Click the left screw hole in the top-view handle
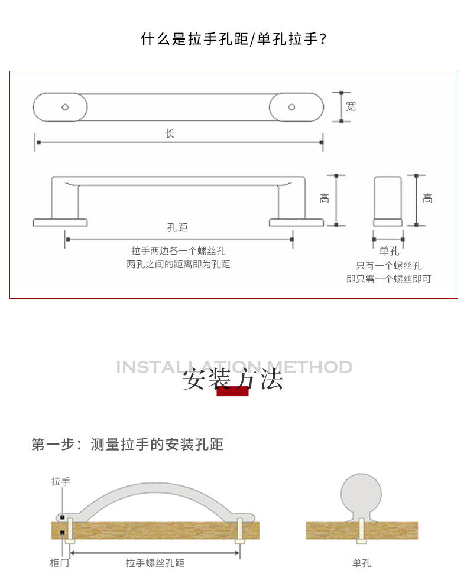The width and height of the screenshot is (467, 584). (x=65, y=107)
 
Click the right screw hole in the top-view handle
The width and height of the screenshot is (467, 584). (x=291, y=107)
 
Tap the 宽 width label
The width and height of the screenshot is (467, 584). (x=351, y=107)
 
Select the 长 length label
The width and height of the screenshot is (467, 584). (x=170, y=134)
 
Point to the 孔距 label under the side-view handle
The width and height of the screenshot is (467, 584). (x=177, y=227)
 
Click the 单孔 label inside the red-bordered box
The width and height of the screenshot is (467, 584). (x=388, y=251)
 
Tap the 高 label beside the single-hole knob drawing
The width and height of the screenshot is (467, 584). (x=427, y=199)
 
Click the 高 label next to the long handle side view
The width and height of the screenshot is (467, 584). (x=324, y=199)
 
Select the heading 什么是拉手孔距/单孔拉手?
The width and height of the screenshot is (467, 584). (x=234, y=40)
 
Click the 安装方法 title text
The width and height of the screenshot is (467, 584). (x=233, y=379)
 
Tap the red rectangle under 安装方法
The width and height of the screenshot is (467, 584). (x=232, y=391)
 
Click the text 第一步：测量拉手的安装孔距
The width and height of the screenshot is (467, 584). (x=128, y=444)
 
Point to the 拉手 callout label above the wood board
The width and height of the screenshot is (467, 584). (x=60, y=482)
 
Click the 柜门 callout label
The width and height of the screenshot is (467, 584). (x=59, y=563)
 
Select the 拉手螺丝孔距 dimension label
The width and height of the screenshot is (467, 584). (x=155, y=563)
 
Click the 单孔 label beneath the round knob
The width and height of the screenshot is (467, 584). (x=361, y=563)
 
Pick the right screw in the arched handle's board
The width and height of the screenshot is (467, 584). (x=240, y=530)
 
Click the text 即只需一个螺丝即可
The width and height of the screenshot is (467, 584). (x=388, y=279)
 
